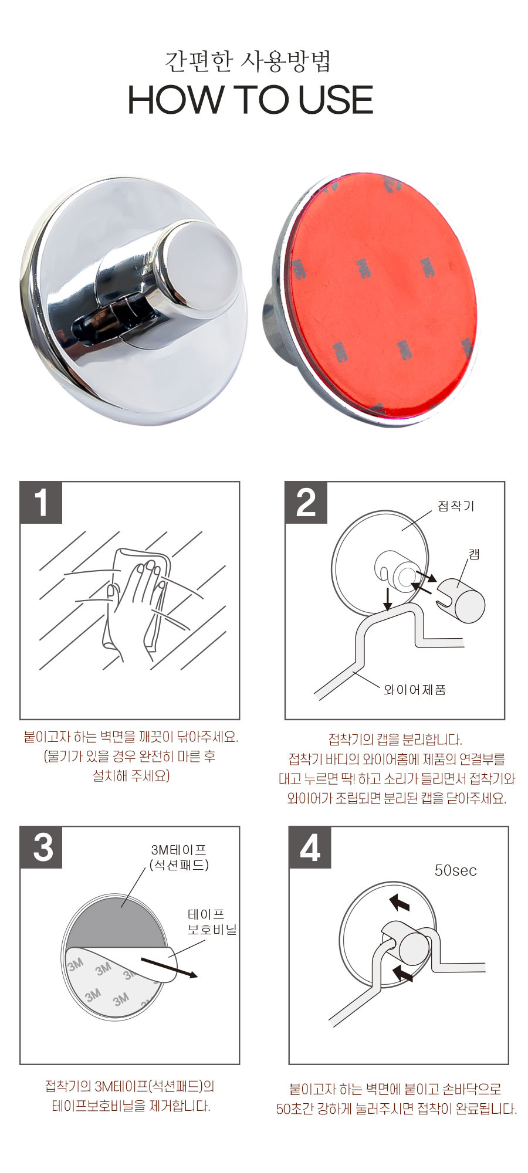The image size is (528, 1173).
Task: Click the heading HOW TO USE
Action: (x=251, y=100)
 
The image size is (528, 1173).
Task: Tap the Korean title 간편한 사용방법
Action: (x=249, y=61)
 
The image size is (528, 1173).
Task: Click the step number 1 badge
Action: (x=41, y=503)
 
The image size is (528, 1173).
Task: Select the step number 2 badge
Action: (x=306, y=503)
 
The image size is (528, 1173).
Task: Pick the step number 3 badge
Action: (x=41, y=847)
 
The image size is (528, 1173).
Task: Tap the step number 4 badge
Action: (x=310, y=847)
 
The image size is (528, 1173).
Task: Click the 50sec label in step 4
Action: (x=455, y=870)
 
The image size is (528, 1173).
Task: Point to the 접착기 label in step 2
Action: (x=456, y=506)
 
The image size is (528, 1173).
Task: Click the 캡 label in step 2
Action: (x=474, y=554)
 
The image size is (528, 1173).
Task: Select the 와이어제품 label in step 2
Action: (x=415, y=690)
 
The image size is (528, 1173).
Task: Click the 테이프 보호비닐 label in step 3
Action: (x=211, y=921)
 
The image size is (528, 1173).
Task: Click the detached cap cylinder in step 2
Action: (x=462, y=599)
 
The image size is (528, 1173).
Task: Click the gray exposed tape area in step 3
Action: (x=117, y=918)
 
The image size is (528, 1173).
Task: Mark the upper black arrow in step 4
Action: (x=399, y=901)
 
